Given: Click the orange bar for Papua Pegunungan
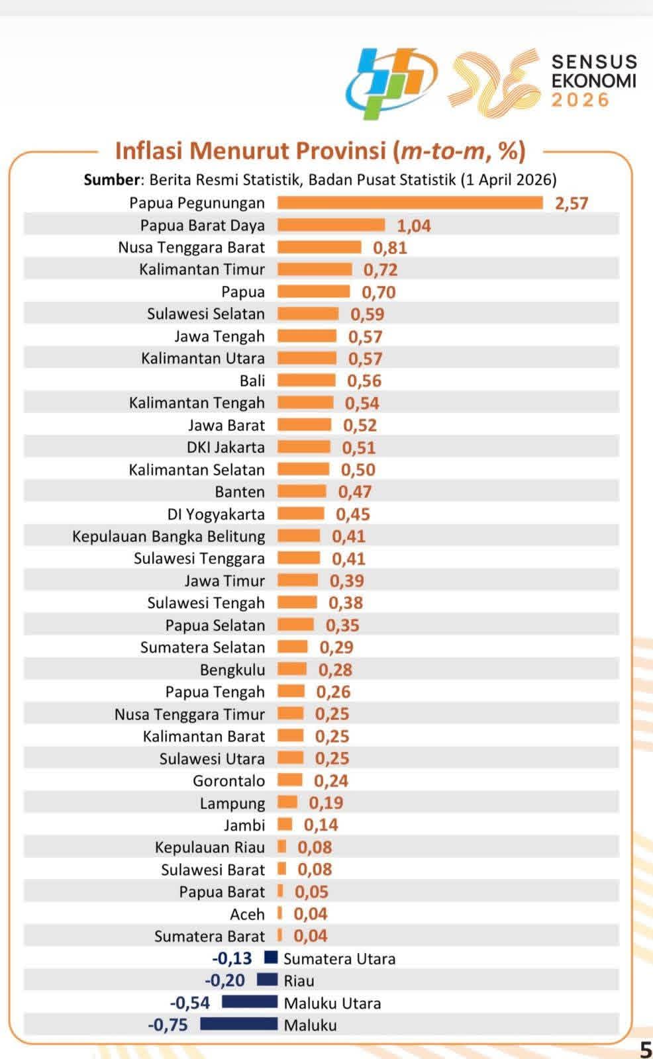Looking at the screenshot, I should [409, 203].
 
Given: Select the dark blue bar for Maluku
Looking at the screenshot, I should [238, 1025].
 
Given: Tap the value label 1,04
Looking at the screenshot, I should [414, 226].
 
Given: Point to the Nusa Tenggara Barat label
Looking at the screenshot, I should [191, 248].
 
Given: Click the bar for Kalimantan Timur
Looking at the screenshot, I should [315, 269].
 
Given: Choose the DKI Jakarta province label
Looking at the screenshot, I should [226, 447].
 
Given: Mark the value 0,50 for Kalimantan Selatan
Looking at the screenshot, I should [358, 470].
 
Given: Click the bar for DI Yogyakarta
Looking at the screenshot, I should [301, 514].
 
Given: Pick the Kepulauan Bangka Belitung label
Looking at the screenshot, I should [169, 536].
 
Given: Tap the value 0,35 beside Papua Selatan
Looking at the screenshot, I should [342, 625].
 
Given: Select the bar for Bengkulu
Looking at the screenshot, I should [292, 669].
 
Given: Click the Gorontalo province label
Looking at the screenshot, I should [229, 781].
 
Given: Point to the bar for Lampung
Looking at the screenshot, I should [287, 803].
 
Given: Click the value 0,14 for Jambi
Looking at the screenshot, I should [321, 825].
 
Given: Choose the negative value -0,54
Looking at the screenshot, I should [190, 1003].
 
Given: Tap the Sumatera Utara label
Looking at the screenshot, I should [339, 959].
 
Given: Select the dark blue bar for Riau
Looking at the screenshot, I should [267, 980].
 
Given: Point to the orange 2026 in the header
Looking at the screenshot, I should [580, 100].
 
